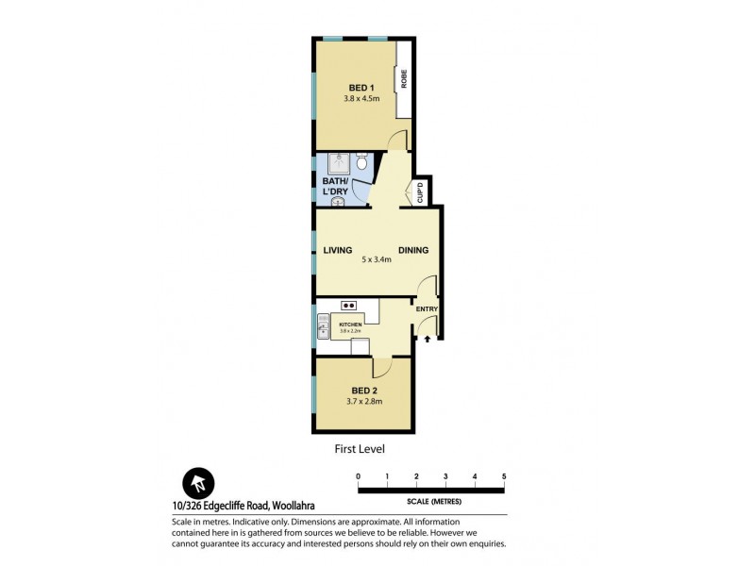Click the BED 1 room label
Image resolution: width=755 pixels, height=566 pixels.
point(362,88)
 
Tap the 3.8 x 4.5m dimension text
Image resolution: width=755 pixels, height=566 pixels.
point(362,98)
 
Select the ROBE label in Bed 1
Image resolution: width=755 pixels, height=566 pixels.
point(404,80)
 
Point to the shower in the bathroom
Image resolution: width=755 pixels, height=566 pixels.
point(334,163)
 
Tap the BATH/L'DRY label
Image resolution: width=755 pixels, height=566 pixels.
point(335,186)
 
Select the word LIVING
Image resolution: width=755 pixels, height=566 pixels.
point(337,250)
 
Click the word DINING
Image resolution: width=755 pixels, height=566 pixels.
point(413,250)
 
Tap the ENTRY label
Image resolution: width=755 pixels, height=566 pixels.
point(427,308)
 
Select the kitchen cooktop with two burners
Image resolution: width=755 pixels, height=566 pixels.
point(349,305)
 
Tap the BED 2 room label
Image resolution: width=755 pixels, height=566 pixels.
point(365,391)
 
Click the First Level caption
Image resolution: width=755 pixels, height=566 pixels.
point(361,448)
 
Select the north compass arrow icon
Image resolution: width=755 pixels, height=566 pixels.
point(198,485)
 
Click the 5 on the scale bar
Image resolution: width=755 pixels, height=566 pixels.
point(504,476)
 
